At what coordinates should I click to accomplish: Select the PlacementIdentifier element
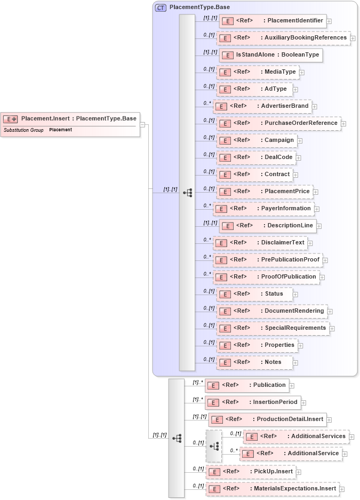pos(272,21)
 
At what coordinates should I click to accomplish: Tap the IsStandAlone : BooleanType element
pos(271,55)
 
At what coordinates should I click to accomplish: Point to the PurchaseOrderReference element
pos(279,123)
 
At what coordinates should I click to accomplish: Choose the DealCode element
pos(255,157)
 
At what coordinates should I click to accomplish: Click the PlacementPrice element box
pos(263,192)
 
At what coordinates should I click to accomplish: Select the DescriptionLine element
pos(267,226)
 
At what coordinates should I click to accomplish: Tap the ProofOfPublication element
pos(266,277)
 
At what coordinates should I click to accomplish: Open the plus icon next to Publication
pos(292,385)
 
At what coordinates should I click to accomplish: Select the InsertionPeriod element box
pos(253,402)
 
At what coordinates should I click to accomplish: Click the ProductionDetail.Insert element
pos(267,419)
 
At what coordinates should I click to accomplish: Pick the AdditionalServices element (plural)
pos(296,436)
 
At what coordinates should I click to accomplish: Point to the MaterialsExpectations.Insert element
pos(272,488)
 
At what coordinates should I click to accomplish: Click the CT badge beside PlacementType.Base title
pos(161,7)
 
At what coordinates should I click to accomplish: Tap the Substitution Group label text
pos(23,130)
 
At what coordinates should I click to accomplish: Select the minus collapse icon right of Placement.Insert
pos(142,124)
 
